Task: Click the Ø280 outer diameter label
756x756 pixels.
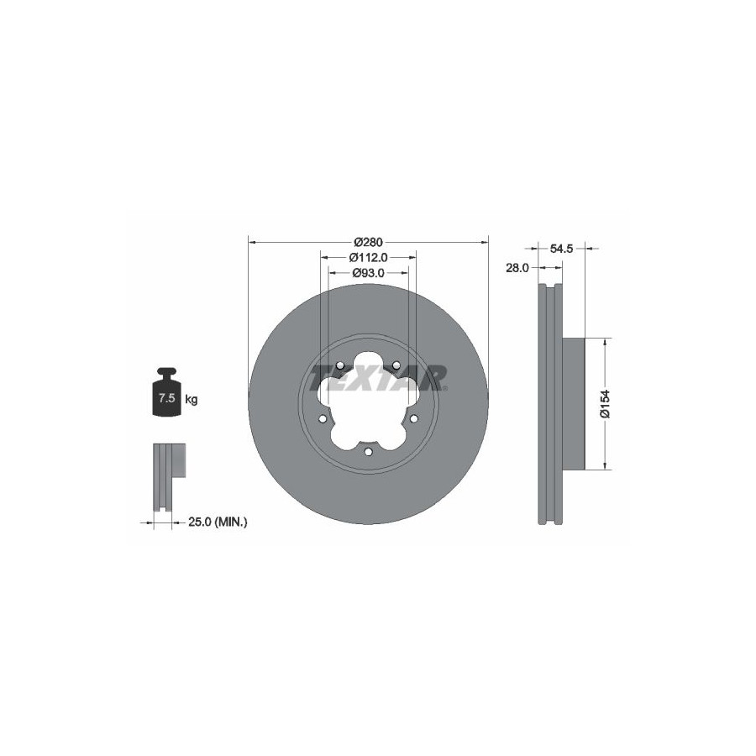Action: point(368,242)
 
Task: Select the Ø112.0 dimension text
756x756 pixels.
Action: point(369,258)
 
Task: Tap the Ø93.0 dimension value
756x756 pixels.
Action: point(369,273)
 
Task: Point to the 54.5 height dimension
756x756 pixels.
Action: point(561,249)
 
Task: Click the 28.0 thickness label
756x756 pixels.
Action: point(517,268)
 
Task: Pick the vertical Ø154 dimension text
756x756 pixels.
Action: point(605,403)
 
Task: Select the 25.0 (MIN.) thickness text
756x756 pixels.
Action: point(218,522)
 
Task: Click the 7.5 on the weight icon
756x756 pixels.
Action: point(166,398)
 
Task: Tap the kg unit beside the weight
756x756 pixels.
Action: point(192,400)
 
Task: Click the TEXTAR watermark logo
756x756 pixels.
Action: point(378,378)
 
